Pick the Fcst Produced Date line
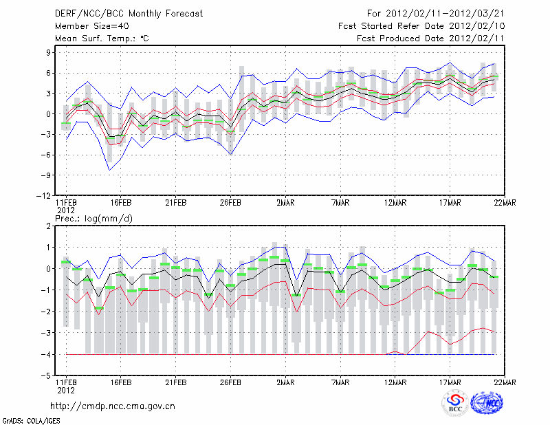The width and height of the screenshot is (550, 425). coord(430,39)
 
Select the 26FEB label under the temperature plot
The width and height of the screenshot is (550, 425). coord(230,203)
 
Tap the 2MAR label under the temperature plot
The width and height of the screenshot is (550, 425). coord(285,203)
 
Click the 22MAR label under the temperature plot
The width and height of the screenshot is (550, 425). coord(505,203)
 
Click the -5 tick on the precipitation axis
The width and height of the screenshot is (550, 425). coord(48,375)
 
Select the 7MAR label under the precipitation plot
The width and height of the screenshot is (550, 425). coord(340,383)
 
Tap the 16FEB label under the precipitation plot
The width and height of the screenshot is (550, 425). coord(120,383)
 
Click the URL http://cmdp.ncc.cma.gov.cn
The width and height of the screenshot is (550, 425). coord(113,406)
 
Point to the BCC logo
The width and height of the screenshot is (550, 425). coord(454,404)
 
